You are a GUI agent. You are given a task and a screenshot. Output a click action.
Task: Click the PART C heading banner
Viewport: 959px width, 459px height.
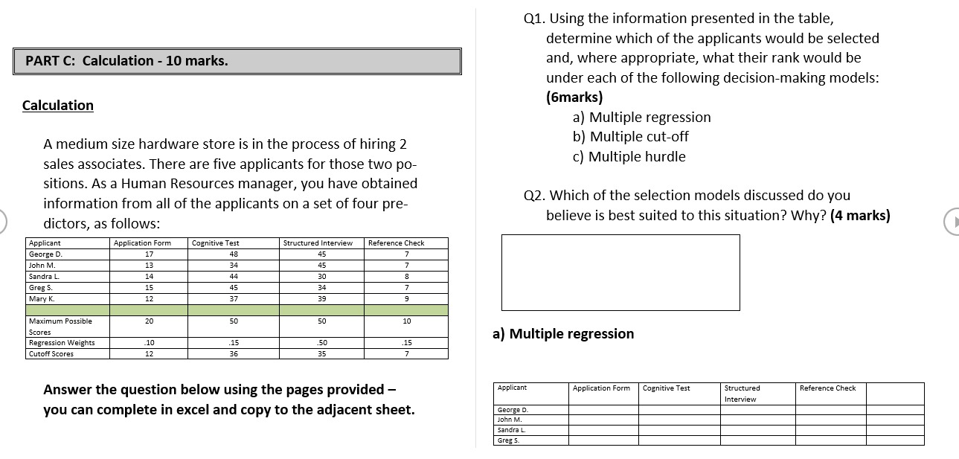(x=237, y=61)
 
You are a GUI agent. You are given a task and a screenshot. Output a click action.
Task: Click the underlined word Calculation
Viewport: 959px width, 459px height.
(x=58, y=105)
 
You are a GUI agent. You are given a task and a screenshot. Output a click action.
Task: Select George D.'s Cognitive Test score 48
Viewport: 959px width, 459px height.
(x=234, y=254)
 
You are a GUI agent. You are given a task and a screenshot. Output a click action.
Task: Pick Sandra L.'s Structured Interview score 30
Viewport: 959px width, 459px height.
(x=321, y=276)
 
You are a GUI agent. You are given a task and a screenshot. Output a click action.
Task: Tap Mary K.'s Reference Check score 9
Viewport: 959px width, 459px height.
(x=406, y=298)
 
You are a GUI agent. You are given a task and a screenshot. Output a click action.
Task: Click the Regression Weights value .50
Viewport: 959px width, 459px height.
(x=321, y=343)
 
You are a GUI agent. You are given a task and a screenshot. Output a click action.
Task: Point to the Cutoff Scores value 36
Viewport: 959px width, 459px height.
(x=234, y=354)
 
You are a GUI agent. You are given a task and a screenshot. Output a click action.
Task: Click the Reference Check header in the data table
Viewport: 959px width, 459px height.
(x=396, y=243)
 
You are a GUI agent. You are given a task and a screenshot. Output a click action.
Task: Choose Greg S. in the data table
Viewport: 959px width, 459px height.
(x=40, y=287)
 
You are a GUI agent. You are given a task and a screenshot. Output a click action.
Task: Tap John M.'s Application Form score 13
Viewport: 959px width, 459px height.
(x=149, y=266)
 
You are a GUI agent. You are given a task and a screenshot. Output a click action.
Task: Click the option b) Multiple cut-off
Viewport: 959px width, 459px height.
(x=630, y=137)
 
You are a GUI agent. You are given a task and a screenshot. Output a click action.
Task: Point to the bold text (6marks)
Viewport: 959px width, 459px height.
(x=574, y=97)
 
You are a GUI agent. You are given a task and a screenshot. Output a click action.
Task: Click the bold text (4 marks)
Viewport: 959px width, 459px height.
(x=859, y=216)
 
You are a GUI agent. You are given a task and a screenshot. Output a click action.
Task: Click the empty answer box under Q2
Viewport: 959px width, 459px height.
(x=620, y=272)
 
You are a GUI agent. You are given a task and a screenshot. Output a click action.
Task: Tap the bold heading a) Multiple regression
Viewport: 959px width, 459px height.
(x=563, y=334)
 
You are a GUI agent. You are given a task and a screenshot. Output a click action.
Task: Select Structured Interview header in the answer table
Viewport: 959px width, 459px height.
(x=742, y=394)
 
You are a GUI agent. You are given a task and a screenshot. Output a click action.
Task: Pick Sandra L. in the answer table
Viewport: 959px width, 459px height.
(x=511, y=430)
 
